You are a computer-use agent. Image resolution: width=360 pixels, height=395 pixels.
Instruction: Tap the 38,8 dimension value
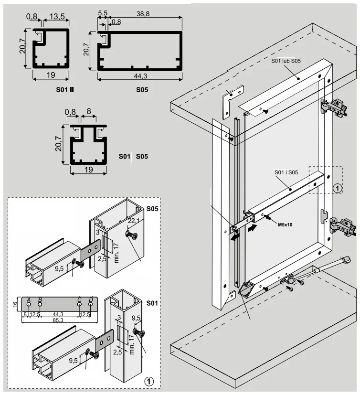tap(144, 15)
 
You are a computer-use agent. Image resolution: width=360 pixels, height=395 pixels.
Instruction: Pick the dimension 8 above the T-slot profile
tap(89, 113)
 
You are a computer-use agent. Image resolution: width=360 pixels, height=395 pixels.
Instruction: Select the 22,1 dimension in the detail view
tap(134, 220)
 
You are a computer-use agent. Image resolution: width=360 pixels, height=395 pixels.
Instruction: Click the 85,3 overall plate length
tap(58, 320)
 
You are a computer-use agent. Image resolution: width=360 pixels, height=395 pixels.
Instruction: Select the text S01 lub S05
tap(286, 61)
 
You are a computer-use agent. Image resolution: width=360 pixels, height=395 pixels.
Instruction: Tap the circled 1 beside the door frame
tap(337, 188)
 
